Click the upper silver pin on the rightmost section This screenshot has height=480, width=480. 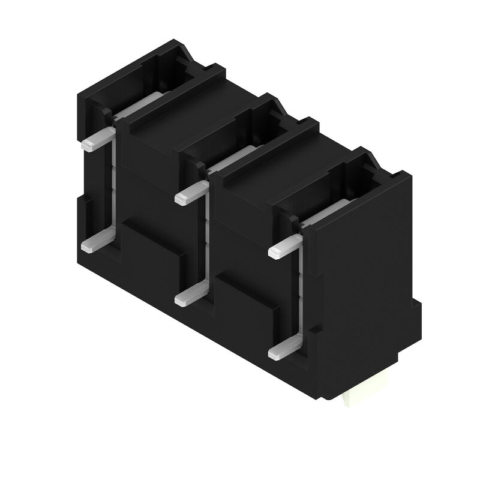(x=284, y=247)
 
